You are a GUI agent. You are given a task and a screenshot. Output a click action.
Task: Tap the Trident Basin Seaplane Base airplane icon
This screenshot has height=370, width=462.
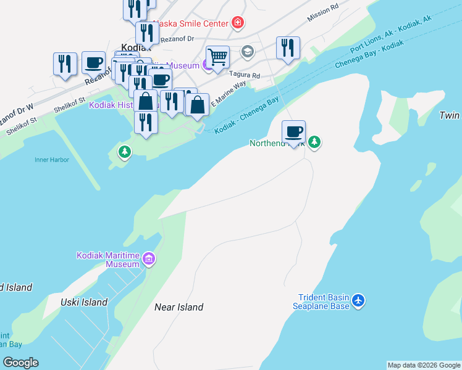click(x=358, y=302)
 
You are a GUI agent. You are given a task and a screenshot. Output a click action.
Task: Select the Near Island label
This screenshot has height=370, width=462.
click(x=178, y=307)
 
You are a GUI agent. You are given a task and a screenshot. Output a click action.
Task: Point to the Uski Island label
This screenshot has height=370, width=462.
click(x=84, y=302)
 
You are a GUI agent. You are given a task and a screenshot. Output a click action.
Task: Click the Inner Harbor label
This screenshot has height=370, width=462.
click(x=52, y=160)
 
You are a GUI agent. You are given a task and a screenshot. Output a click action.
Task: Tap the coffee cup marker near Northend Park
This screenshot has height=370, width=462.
click(x=294, y=131)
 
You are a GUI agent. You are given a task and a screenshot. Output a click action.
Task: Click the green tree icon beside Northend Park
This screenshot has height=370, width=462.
click(x=314, y=142)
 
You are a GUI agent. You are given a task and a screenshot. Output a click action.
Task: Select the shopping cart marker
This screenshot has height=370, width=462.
click(x=217, y=57)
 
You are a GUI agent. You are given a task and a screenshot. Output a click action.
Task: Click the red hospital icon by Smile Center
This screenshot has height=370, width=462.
click(x=238, y=23)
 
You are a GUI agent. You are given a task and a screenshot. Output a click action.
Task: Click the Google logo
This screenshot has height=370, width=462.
click(x=20, y=363)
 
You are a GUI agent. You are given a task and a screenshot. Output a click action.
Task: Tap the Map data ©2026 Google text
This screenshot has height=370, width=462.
click(x=424, y=365)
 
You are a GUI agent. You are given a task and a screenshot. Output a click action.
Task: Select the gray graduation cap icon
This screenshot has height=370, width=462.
click(x=248, y=51)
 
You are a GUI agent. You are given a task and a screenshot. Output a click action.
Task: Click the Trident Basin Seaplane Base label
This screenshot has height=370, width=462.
click(x=321, y=301)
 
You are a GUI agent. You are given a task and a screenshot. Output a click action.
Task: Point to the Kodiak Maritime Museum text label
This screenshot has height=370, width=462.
click(x=109, y=260)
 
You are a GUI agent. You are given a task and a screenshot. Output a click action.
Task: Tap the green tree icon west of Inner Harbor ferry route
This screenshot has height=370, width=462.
click(x=125, y=151)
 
